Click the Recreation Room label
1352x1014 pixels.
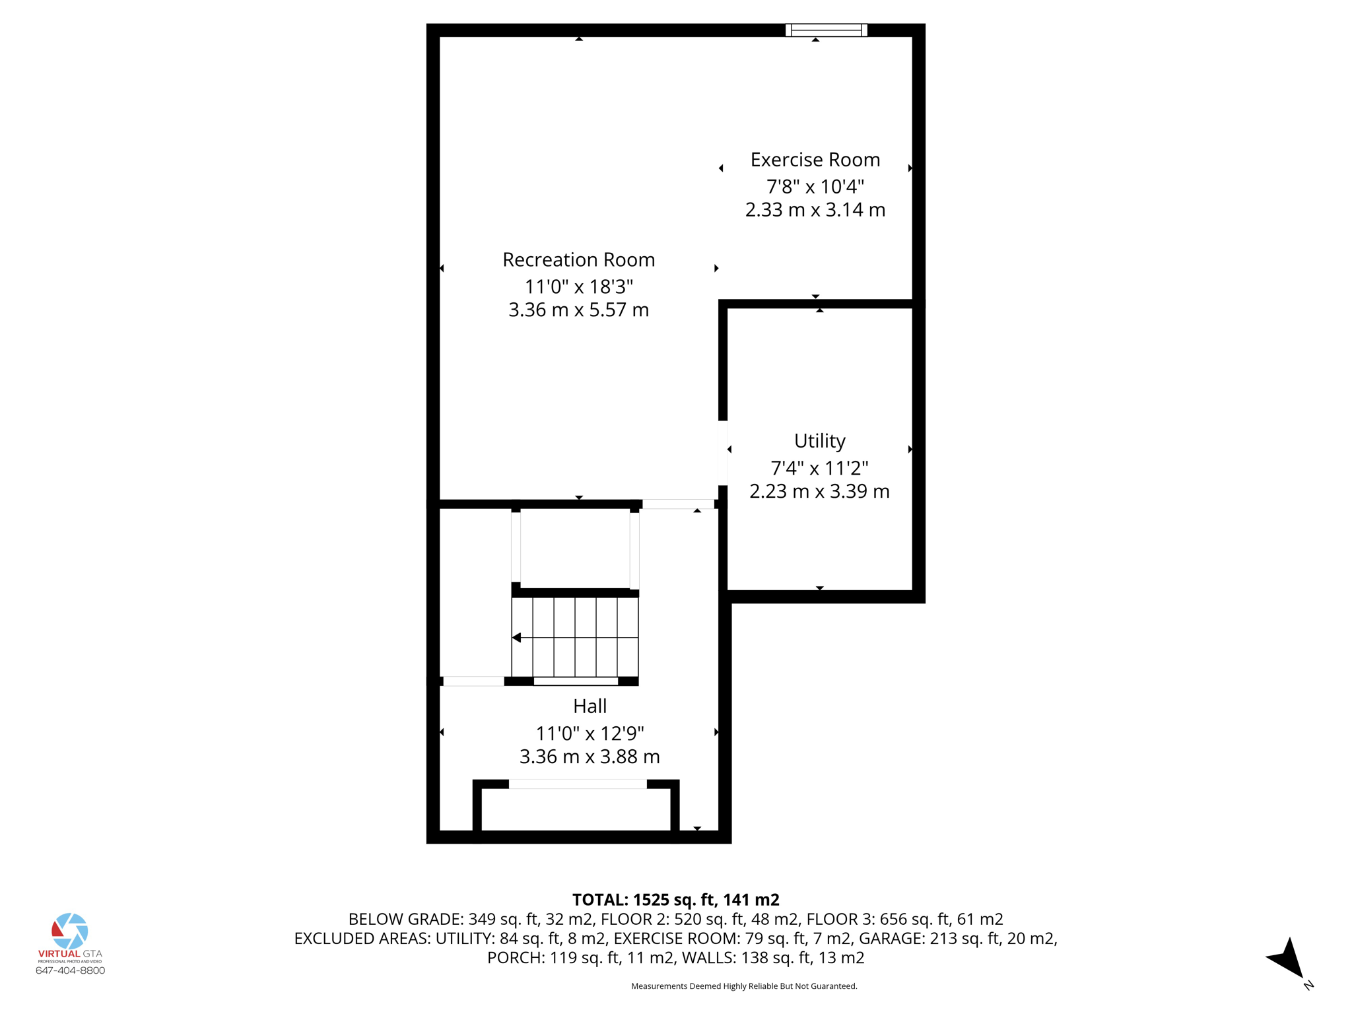[578, 260]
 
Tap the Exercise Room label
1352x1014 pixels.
[815, 160]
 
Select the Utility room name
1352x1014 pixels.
[819, 440]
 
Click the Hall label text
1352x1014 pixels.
[590, 706]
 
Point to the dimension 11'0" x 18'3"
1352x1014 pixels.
[578, 287]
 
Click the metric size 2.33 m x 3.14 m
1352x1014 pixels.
[815, 210]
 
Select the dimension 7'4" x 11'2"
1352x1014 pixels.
[819, 468]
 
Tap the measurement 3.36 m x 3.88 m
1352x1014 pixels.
[590, 757]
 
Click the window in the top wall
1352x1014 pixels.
[826, 30]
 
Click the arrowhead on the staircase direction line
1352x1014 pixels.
[517, 638]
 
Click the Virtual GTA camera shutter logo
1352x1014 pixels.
[70, 931]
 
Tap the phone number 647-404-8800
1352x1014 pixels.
[70, 970]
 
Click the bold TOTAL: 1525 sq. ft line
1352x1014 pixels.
[675, 900]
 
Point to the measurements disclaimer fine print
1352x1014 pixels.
[744, 986]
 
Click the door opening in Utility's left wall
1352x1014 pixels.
[723, 453]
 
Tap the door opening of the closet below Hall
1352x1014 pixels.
[578, 784]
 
